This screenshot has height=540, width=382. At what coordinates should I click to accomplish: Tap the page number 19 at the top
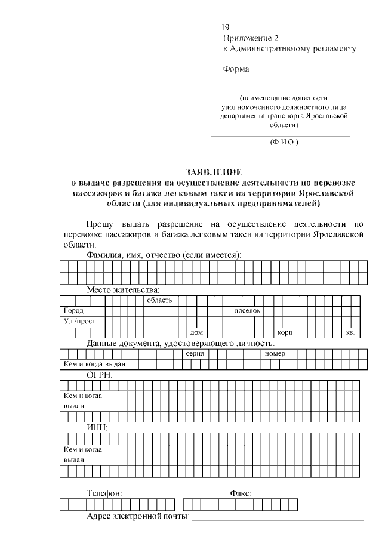point(225,27)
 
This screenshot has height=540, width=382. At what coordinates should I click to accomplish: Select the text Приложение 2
point(251,38)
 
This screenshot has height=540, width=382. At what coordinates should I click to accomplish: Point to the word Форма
point(236,69)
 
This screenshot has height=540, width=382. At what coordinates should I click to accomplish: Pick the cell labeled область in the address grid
point(159,300)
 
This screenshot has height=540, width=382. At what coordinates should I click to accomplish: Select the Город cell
point(74,311)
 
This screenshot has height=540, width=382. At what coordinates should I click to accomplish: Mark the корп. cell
point(284,332)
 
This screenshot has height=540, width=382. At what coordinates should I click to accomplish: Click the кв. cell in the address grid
point(350,332)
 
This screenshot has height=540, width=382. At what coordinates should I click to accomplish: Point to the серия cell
point(195,354)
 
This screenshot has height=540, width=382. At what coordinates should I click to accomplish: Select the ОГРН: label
point(100,375)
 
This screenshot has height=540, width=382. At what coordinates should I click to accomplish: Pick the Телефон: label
point(105,493)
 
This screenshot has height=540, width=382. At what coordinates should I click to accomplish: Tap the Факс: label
point(241,493)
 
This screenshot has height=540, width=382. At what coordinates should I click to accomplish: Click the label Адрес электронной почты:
point(138,516)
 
